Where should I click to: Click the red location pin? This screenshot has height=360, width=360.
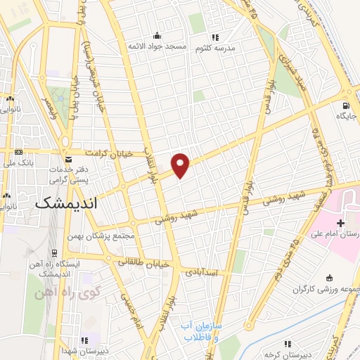[x=181, y=165]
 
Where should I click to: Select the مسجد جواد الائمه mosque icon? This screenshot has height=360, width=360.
[x=157, y=36]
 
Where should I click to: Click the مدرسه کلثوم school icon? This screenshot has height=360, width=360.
[x=216, y=37]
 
